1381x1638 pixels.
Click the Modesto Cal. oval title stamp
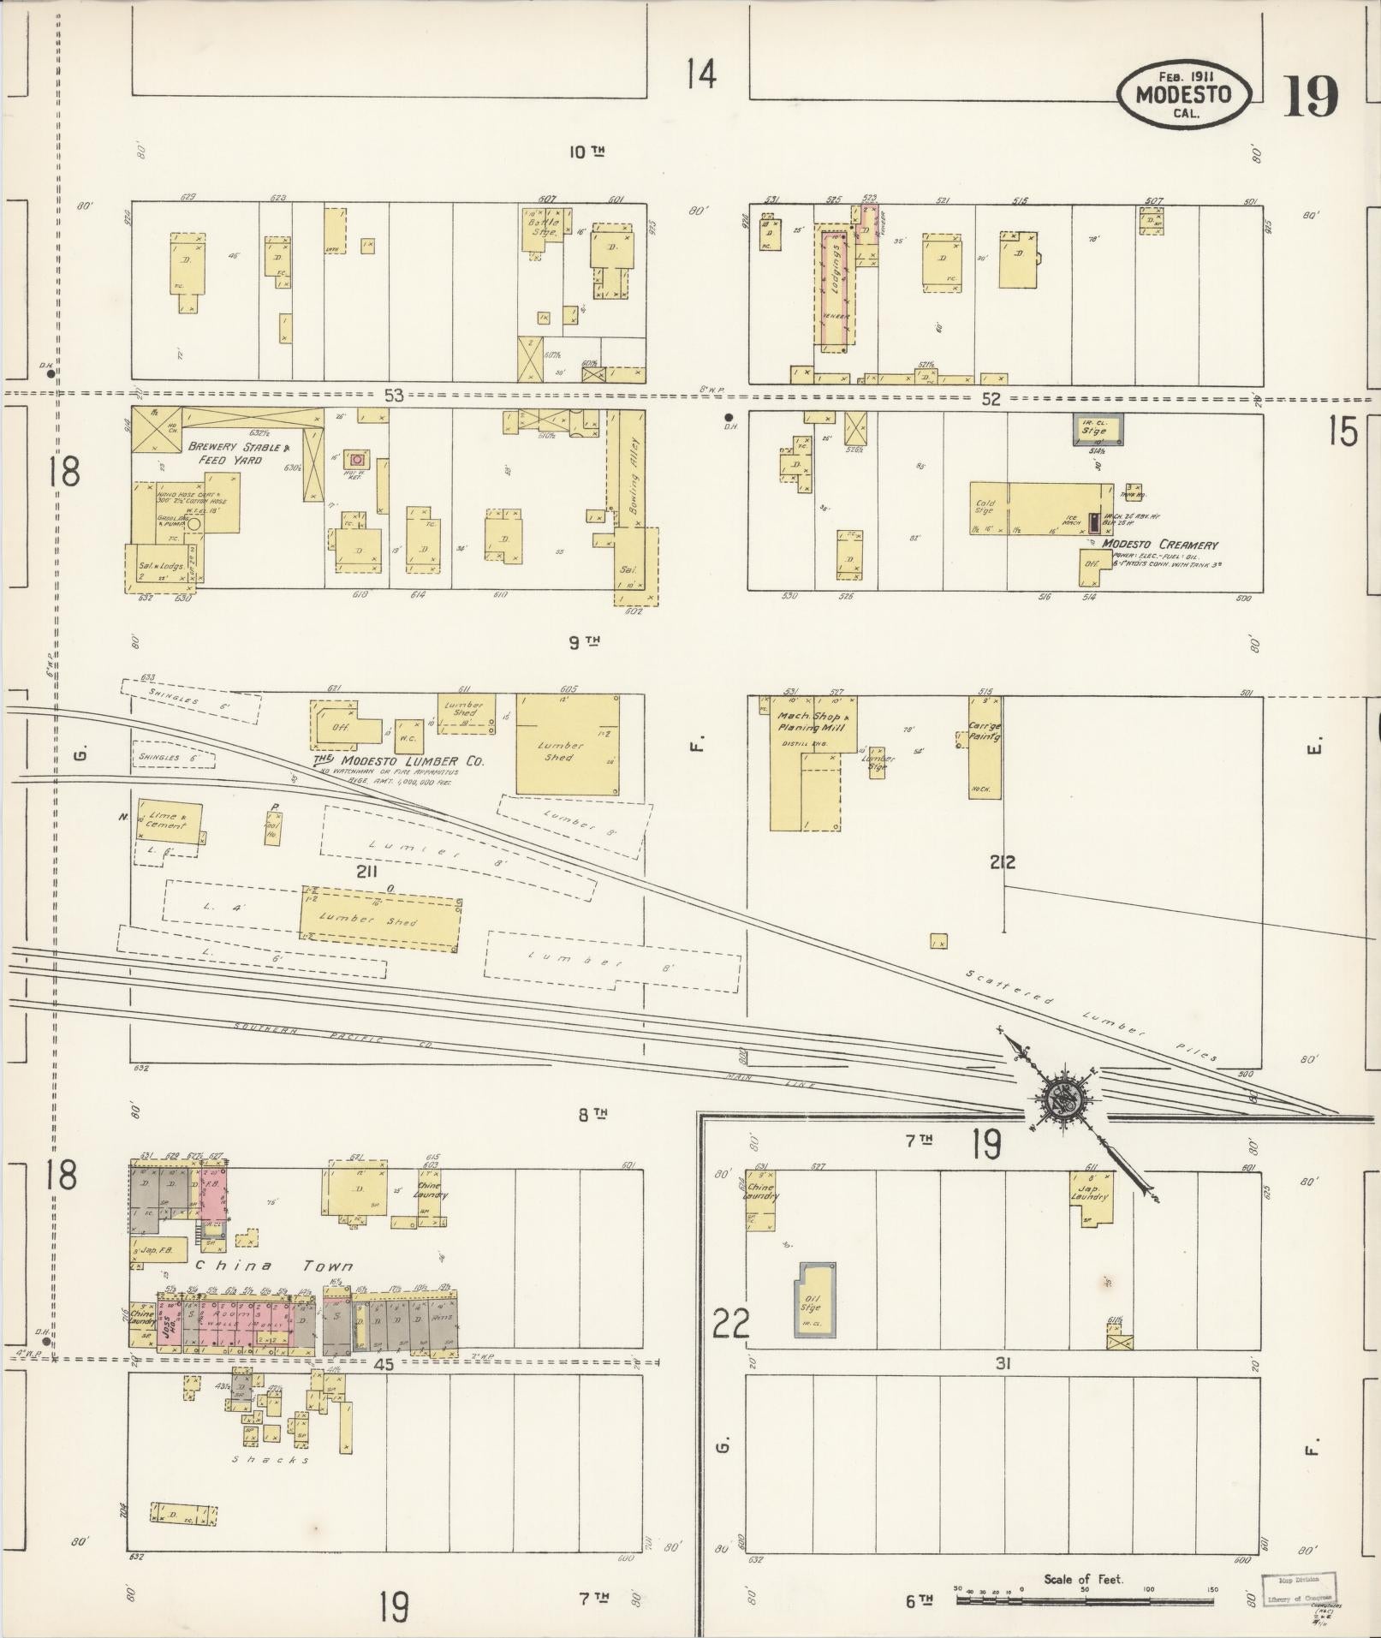[1183, 94]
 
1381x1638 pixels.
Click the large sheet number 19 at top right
[1310, 97]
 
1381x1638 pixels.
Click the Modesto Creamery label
[1159, 545]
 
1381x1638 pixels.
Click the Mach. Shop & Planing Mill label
[812, 721]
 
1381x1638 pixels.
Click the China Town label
[274, 1266]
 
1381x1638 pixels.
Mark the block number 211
[368, 872]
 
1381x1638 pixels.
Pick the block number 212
[1002, 863]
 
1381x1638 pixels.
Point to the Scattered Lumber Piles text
[1092, 1016]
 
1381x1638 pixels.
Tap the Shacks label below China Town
[271, 1460]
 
